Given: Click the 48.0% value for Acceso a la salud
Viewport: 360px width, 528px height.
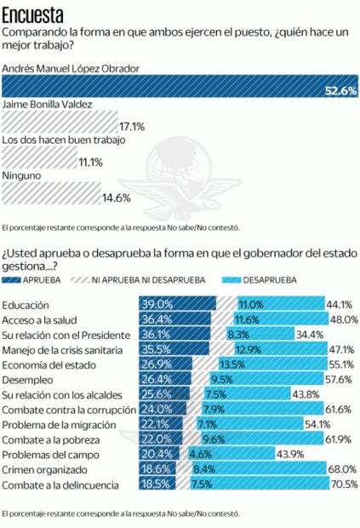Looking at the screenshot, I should (x=343, y=319).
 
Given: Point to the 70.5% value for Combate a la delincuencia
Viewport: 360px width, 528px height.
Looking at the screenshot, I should (x=342, y=486).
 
